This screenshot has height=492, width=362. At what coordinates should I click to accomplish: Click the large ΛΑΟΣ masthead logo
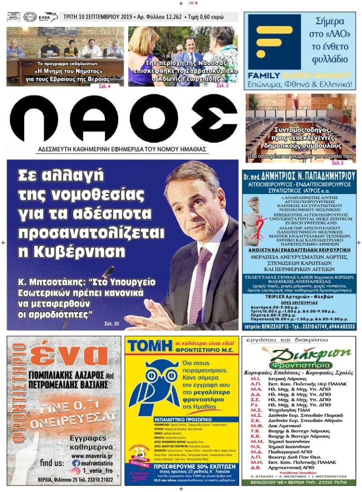[124, 119]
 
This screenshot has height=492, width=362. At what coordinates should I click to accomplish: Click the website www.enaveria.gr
[92, 455]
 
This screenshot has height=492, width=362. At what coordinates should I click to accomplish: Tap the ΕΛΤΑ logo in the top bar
[47, 17]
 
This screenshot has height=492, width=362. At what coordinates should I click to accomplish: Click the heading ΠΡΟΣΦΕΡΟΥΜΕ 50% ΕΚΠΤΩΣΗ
[181, 467]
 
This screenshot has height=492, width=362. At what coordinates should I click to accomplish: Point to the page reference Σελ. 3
[337, 163]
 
